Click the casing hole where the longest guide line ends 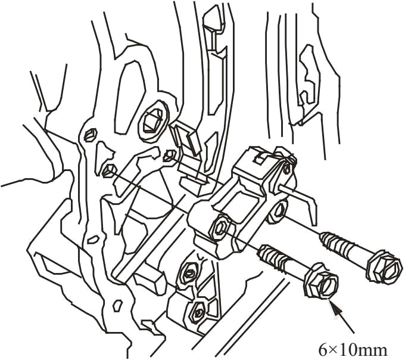pos(107,172)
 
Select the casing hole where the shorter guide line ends pos(169,157)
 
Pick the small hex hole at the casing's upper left pos(91,134)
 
